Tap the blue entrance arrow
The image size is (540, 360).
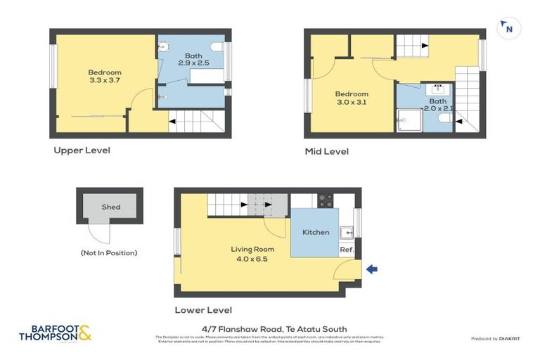click(373, 269)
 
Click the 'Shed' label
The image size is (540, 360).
click(110, 207)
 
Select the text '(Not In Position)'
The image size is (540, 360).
click(109, 252)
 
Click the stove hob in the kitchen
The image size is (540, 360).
click(326, 200)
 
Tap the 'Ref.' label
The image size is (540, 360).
click(347, 250)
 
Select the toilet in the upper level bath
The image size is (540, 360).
click(217, 48)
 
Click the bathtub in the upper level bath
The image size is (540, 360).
click(207, 76)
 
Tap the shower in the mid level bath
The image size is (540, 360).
click(407, 120)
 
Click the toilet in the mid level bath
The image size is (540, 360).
click(444, 121)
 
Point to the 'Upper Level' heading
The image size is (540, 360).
click(82, 150)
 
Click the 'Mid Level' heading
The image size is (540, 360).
click(326, 151)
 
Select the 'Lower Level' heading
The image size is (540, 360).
click(203, 309)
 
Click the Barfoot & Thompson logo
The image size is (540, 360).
click(56, 333)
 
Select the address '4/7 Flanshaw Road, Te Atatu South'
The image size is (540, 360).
click(270, 328)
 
